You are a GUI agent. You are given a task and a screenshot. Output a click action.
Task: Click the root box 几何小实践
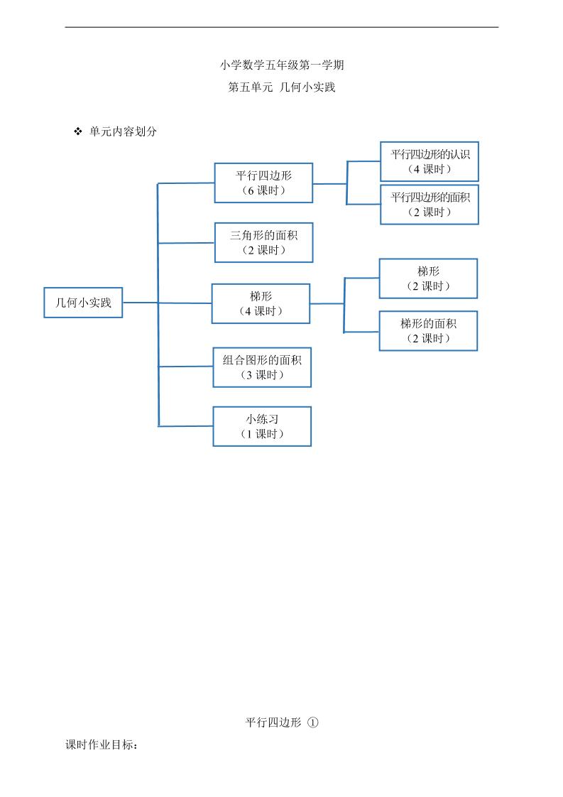[x=83, y=302]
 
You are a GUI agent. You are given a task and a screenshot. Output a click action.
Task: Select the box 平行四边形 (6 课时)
[x=263, y=183]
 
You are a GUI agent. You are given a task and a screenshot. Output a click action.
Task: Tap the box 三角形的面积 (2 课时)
[x=263, y=242]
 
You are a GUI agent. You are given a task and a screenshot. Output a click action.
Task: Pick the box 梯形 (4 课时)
[x=261, y=303]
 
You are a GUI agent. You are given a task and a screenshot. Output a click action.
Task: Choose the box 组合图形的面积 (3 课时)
[x=262, y=367]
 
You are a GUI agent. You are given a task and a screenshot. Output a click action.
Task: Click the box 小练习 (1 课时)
[x=262, y=426]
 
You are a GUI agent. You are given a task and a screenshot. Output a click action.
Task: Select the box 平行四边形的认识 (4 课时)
[x=430, y=161]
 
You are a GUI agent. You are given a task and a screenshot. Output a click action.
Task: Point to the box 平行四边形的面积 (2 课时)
[x=430, y=205]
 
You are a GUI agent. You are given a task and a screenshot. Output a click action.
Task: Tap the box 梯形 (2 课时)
[x=428, y=278]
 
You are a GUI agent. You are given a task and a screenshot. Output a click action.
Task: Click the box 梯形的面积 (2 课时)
[x=428, y=331]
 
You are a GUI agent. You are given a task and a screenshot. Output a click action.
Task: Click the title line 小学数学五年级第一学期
[x=282, y=65]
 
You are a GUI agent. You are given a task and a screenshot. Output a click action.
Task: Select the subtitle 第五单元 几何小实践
[x=282, y=88]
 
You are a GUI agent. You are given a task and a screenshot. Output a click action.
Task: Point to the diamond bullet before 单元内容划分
[x=79, y=131]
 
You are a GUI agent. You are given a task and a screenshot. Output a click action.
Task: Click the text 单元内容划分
[x=123, y=131]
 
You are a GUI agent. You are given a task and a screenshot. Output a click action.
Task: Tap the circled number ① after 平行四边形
[x=313, y=722]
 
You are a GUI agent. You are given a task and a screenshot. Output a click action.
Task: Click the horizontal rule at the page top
[x=282, y=28]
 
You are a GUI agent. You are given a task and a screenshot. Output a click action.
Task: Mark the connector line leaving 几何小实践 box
[x=140, y=303]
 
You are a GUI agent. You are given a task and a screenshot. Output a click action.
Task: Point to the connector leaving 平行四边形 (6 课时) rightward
[x=329, y=183]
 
